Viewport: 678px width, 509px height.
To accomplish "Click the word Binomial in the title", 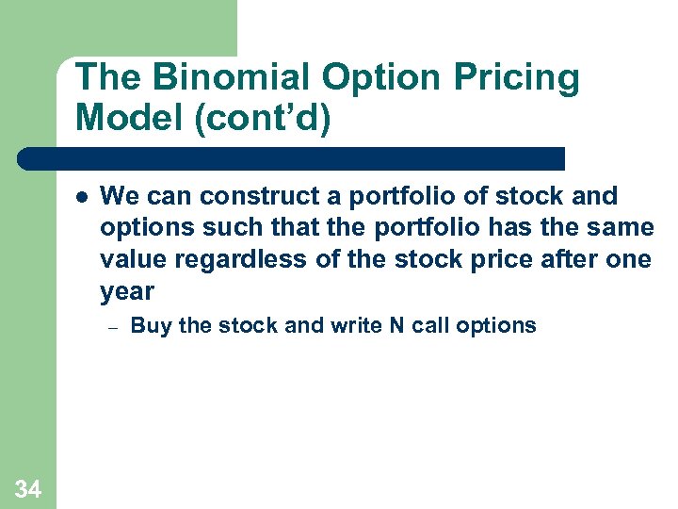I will [213, 78].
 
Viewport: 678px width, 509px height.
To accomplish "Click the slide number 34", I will [28, 488].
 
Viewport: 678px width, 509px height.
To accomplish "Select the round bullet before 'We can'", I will [82, 197].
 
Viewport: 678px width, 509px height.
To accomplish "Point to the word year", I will [126, 291].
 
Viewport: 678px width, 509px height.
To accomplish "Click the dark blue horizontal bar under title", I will [292, 158].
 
